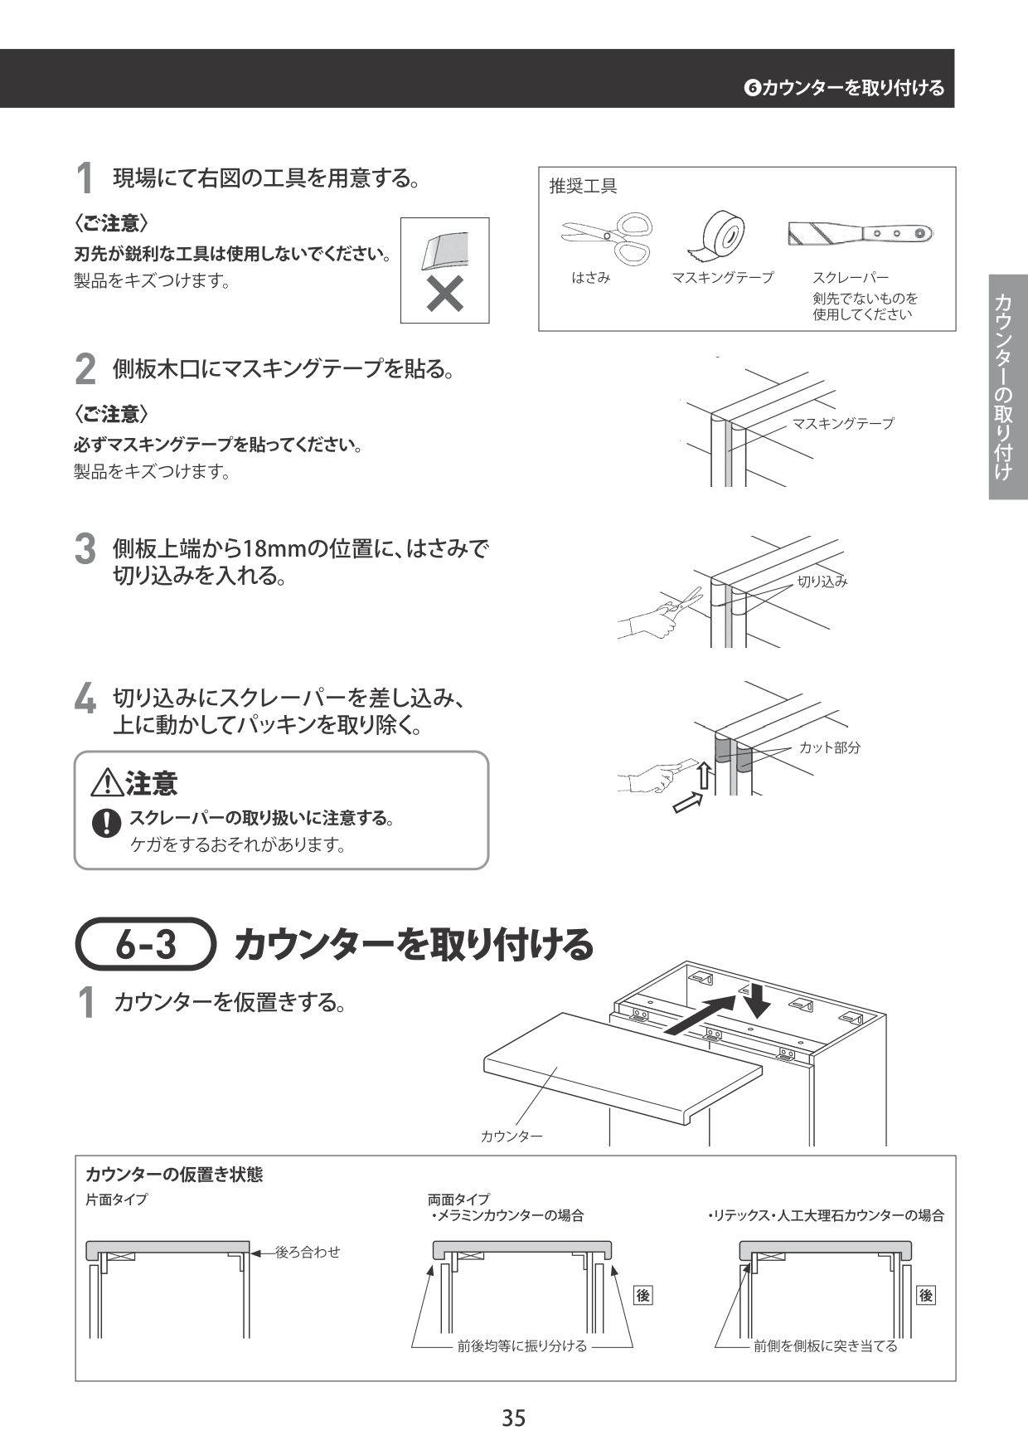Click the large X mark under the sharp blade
click(444, 294)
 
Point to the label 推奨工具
click(583, 187)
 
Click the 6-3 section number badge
click(146, 944)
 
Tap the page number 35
click(513, 1418)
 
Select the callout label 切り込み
click(822, 582)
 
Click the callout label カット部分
click(829, 747)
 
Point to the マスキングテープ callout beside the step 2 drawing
click(842, 423)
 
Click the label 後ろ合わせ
click(308, 1252)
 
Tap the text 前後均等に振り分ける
click(522, 1346)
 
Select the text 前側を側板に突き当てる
click(825, 1346)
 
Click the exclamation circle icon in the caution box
click(106, 822)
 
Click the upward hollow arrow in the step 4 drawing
click(703, 774)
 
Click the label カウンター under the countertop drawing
click(512, 1136)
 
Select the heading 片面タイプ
click(116, 1200)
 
